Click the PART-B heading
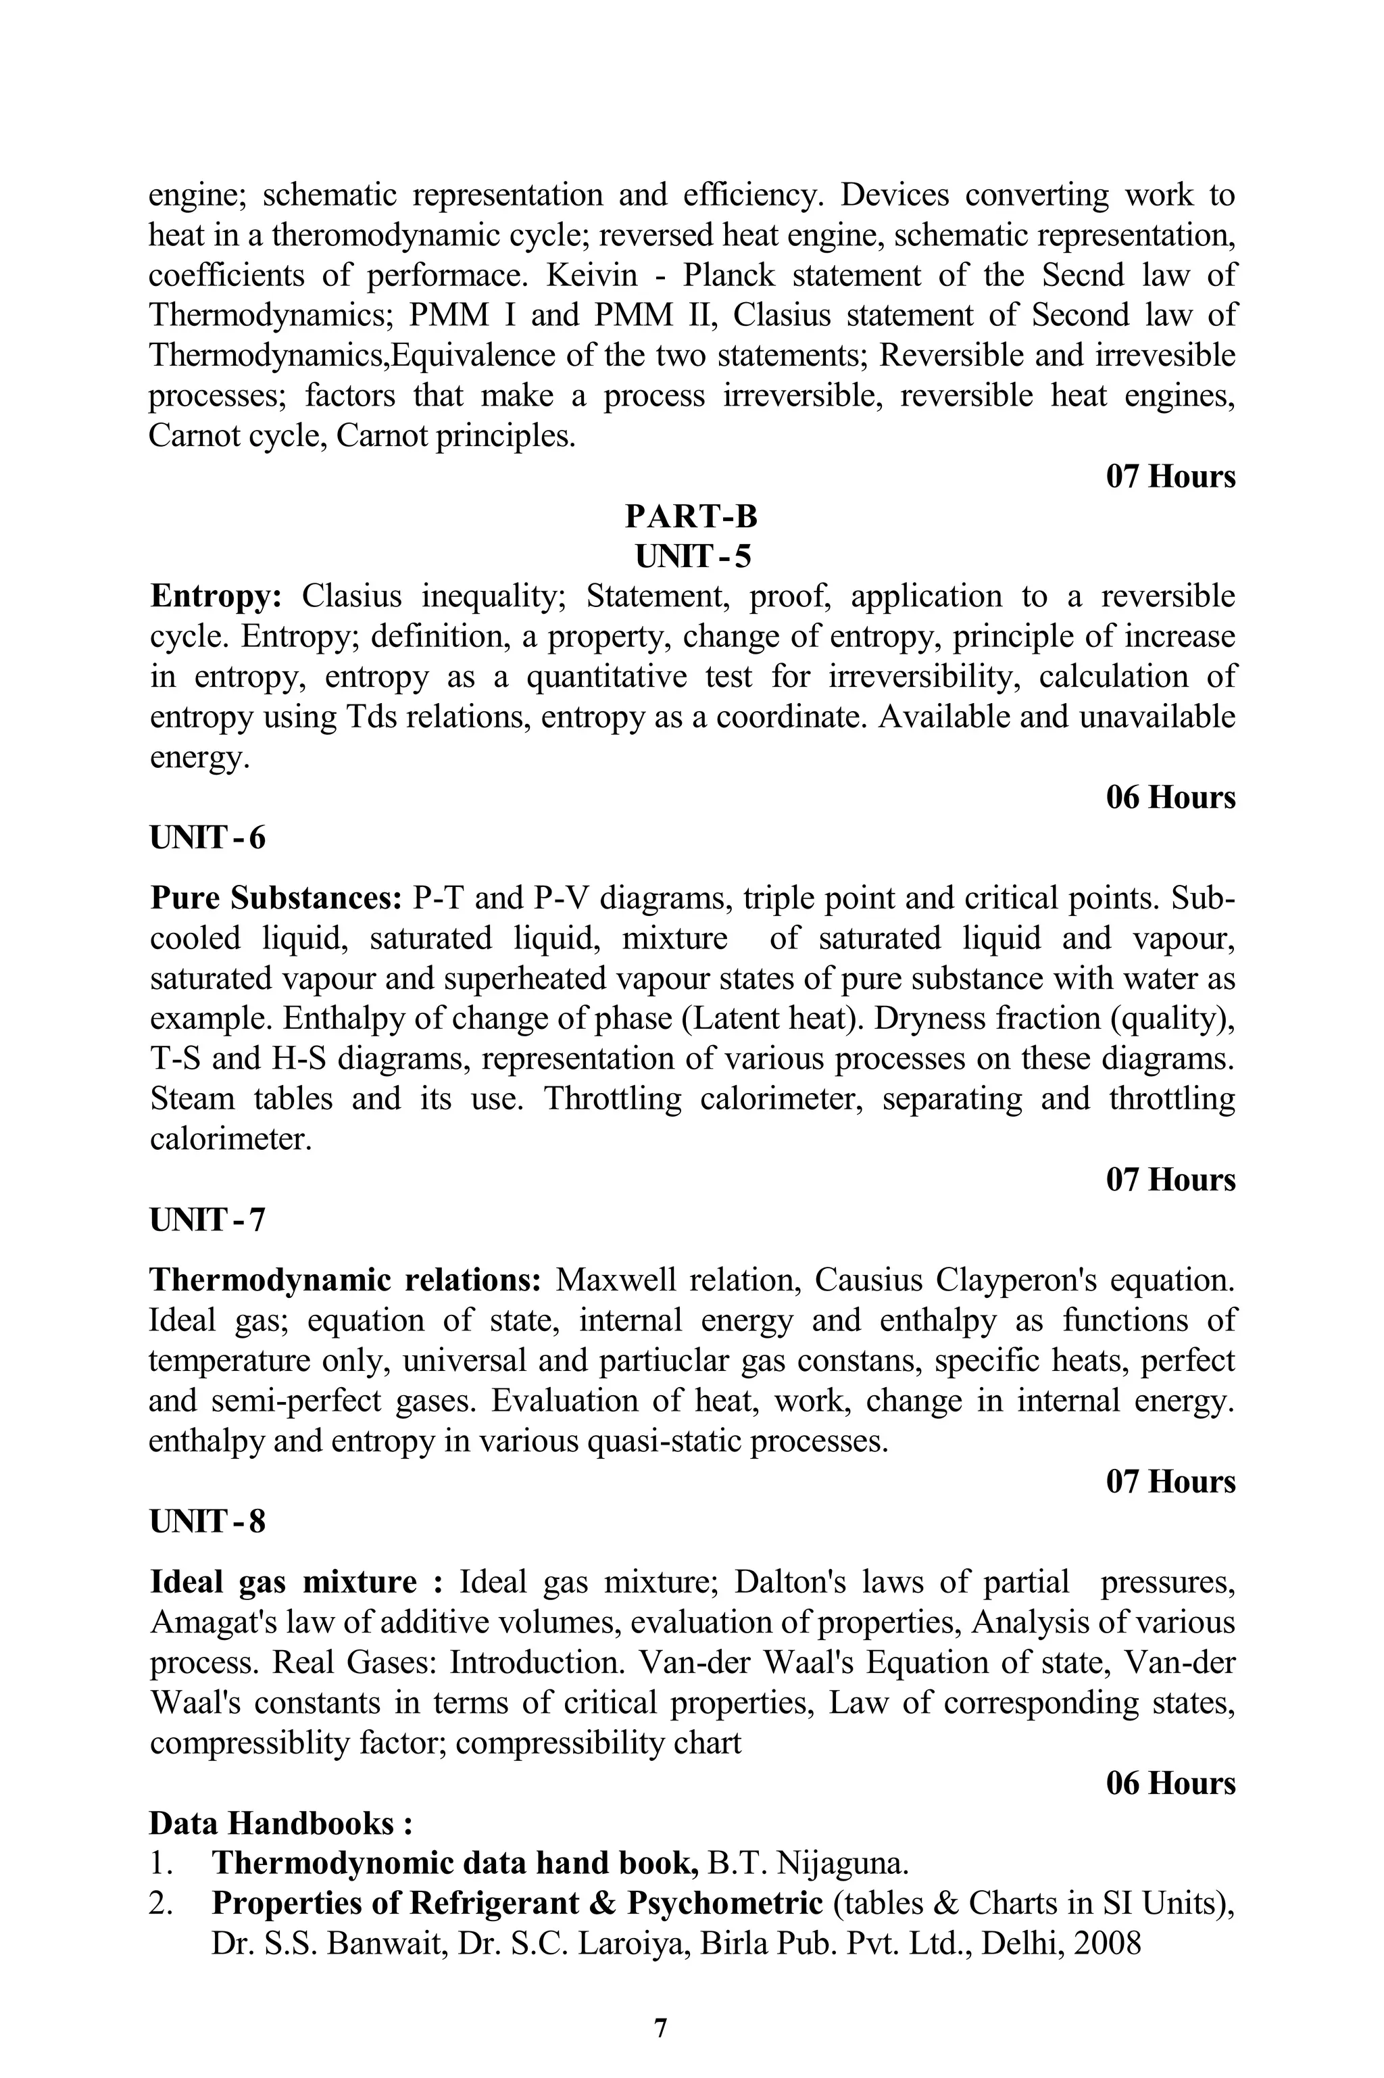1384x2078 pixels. (691, 516)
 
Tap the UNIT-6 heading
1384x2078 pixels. (207, 837)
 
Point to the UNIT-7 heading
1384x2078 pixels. (207, 1220)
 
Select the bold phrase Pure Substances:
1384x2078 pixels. (276, 898)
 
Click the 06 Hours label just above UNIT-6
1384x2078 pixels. (1170, 797)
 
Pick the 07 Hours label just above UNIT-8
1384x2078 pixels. (1170, 1481)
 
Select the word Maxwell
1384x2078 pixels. (615, 1280)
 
